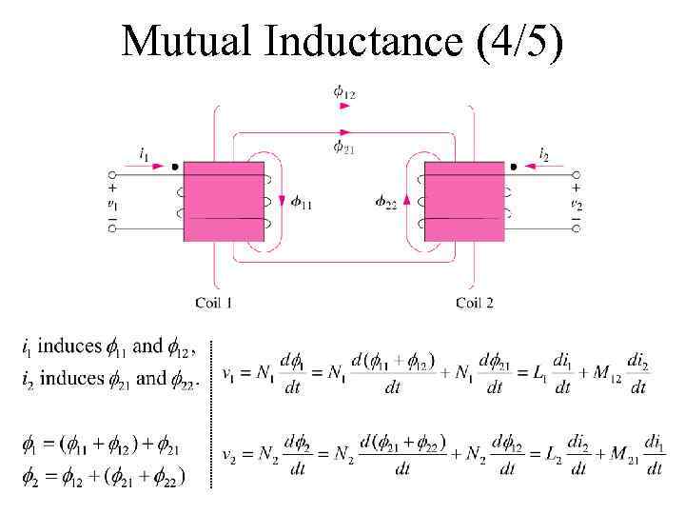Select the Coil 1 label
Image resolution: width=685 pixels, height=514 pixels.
(215, 303)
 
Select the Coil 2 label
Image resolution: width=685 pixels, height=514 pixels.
(474, 303)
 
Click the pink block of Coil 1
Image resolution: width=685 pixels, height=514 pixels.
(224, 202)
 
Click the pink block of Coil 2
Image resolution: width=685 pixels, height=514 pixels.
(464, 202)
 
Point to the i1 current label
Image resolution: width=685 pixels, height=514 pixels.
(144, 152)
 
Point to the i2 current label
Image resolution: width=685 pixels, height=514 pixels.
(543, 152)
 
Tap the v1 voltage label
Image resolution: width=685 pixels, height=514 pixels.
(112, 203)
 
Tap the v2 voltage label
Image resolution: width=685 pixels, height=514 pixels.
(576, 203)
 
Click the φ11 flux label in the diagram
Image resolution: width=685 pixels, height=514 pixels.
(301, 202)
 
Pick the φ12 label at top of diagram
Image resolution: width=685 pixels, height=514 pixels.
(344, 91)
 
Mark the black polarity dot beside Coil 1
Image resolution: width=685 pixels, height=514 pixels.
(175, 166)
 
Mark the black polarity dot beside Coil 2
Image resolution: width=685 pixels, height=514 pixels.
(514, 166)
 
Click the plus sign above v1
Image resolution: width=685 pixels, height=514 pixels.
(112, 188)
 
